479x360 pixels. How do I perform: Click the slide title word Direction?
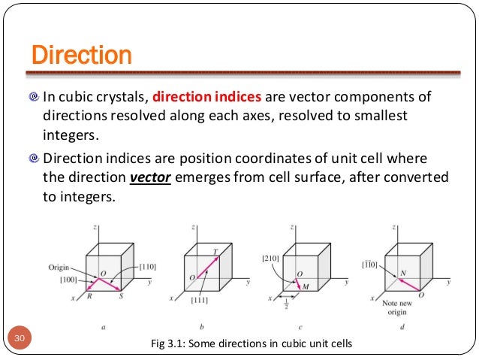[x=81, y=55]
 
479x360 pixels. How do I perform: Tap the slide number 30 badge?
[x=21, y=339]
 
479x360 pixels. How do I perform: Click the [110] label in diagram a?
[x=147, y=268]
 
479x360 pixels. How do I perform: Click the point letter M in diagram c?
[x=306, y=287]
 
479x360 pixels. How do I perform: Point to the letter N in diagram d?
[x=403, y=274]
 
